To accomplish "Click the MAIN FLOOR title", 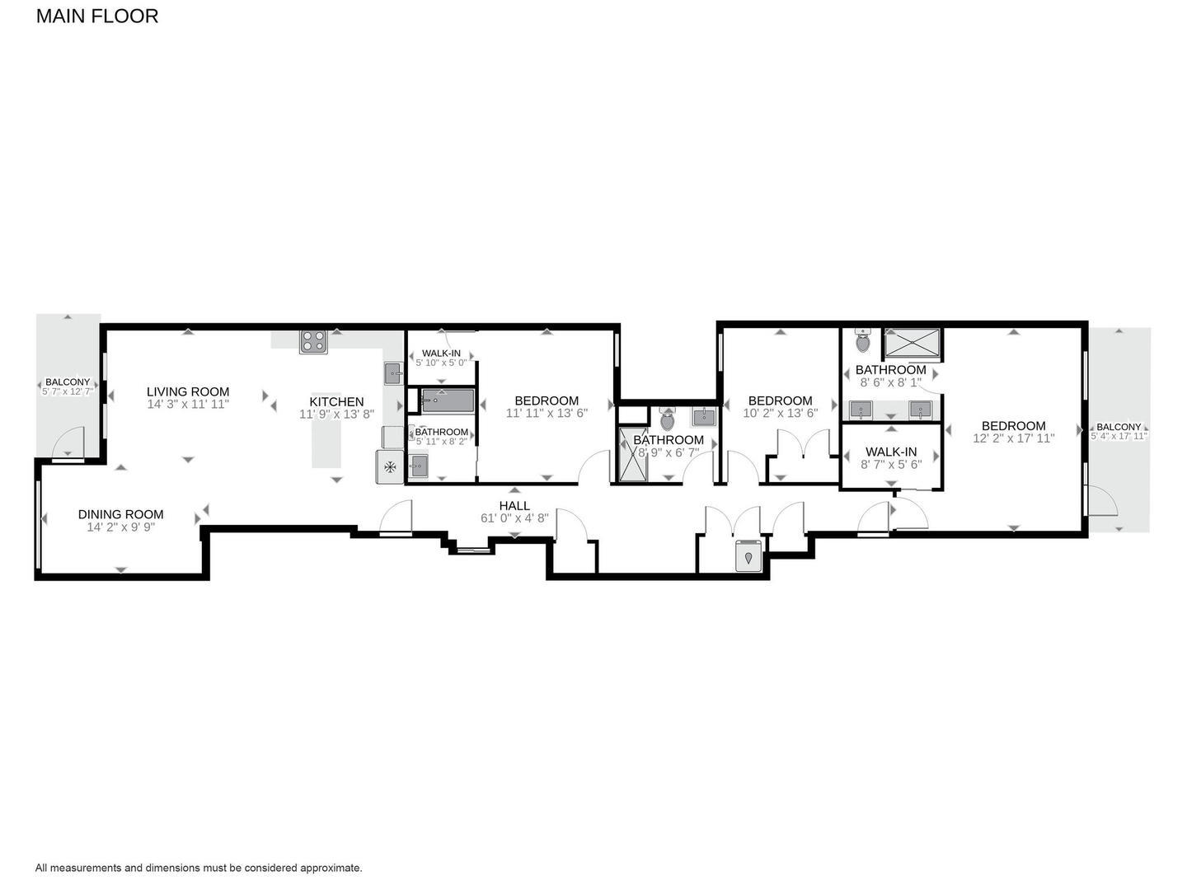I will [x=97, y=16].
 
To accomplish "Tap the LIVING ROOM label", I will [x=188, y=392].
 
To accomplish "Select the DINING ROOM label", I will [x=120, y=514].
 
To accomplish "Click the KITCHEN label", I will [x=336, y=402].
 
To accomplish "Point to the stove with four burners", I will [x=313, y=341].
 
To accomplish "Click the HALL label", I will [x=514, y=506].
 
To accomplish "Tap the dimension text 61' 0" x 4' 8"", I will [x=514, y=519].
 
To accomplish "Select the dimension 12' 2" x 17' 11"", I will [x=1013, y=438].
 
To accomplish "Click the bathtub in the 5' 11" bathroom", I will [x=448, y=401].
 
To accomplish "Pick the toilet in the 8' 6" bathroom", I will [x=863, y=340].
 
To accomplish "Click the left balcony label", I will [x=68, y=382].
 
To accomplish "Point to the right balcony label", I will [x=1119, y=427].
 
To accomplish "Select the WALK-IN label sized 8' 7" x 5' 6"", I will [x=890, y=452].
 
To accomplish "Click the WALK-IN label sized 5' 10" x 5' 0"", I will [x=441, y=354].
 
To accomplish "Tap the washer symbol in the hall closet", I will [x=748, y=556].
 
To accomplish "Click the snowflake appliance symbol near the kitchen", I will [x=390, y=467].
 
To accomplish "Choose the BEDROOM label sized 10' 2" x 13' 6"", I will [x=780, y=400].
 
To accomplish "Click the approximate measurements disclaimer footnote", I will [x=199, y=868].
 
